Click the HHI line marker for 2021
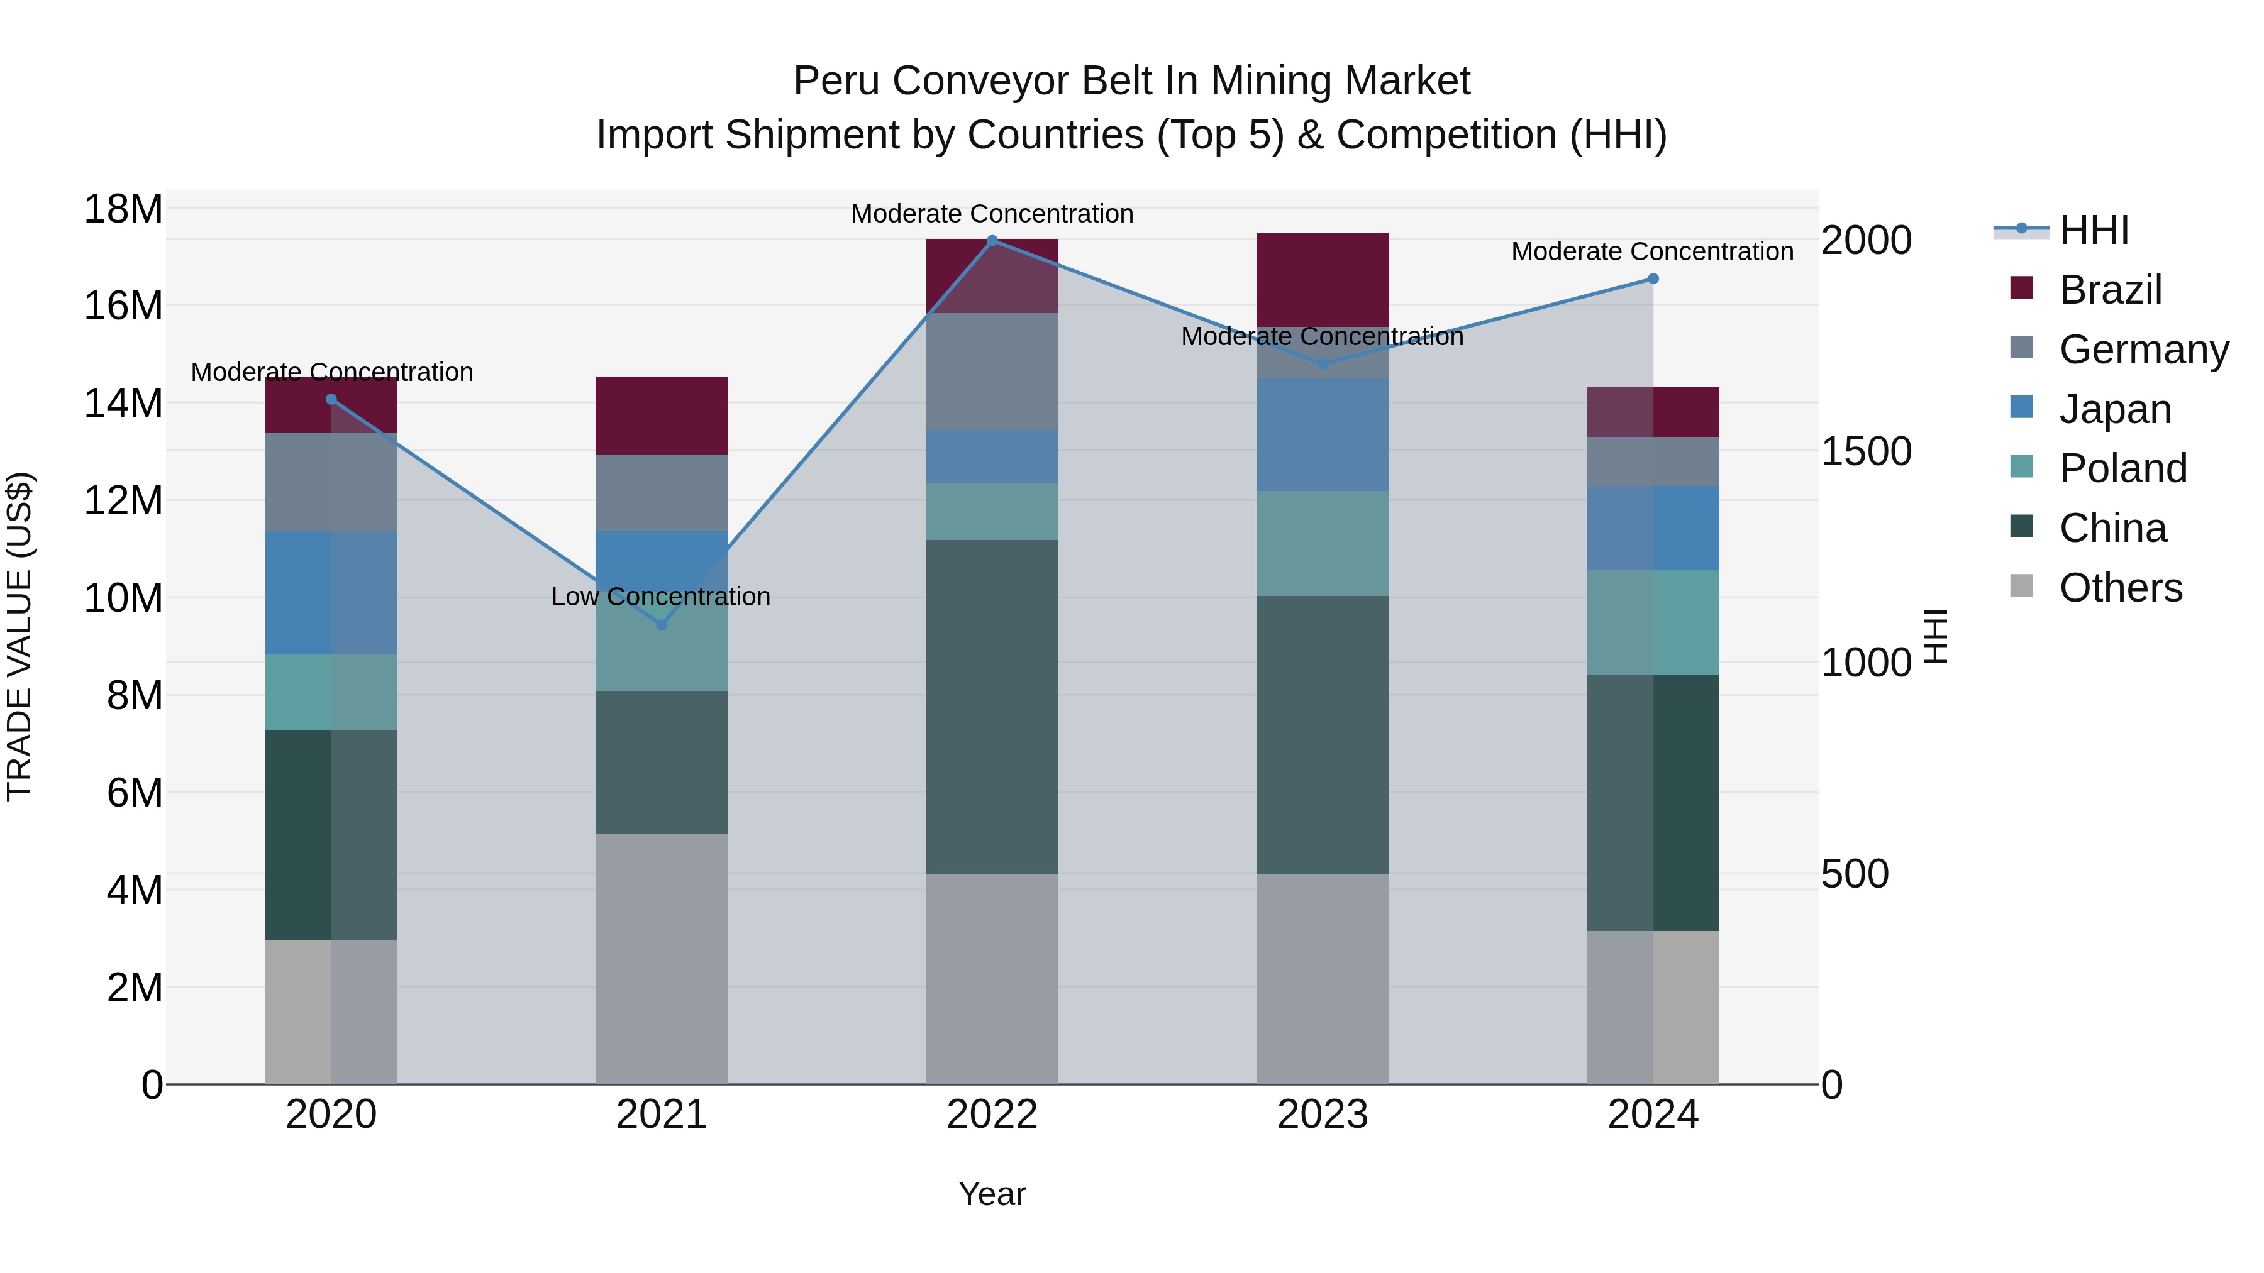(x=662, y=625)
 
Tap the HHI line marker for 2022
(x=992, y=241)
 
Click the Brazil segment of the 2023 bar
(x=1323, y=279)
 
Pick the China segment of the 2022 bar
(x=992, y=707)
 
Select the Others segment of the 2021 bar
(x=662, y=957)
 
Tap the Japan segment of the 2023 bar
(x=1323, y=435)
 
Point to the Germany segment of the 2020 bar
(x=331, y=482)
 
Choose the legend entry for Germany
(x=2143, y=350)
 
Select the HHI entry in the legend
(x=2092, y=230)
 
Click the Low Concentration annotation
(x=660, y=597)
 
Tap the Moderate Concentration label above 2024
(x=1651, y=251)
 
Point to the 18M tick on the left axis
(x=123, y=209)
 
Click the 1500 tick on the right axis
(x=1866, y=451)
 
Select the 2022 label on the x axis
(x=992, y=1115)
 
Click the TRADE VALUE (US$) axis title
(x=19, y=636)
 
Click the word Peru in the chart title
(x=836, y=81)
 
